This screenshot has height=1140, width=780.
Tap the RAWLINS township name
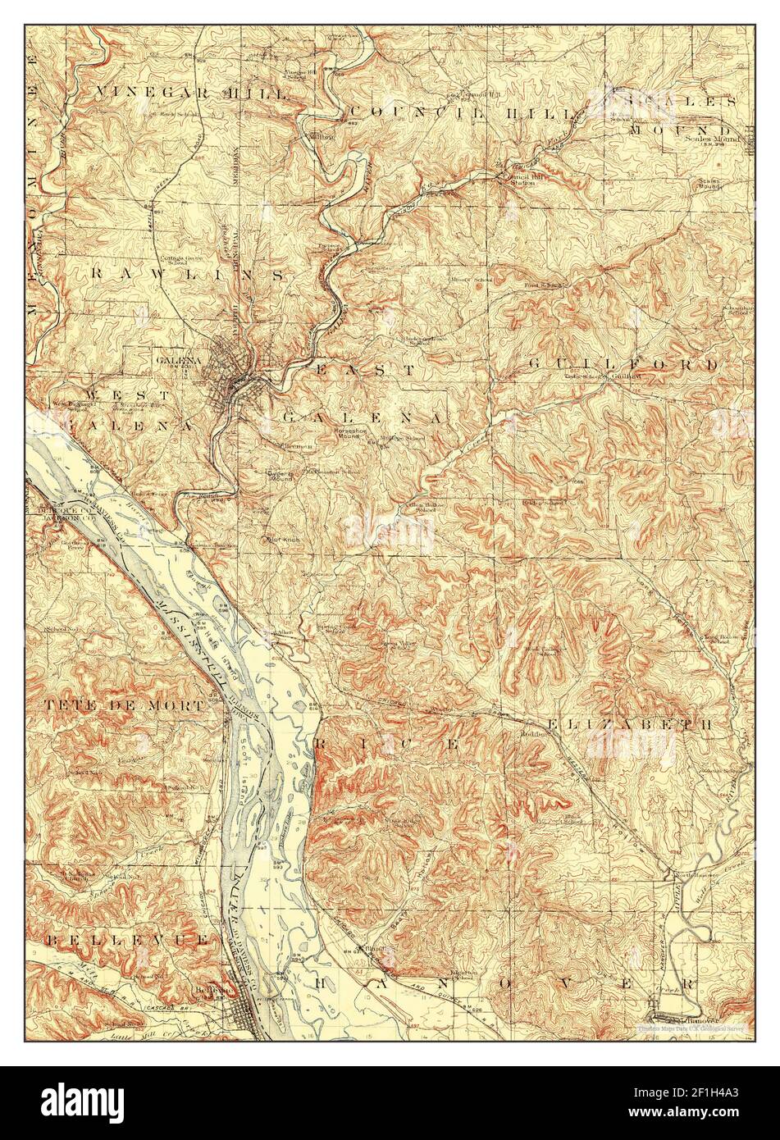point(189,274)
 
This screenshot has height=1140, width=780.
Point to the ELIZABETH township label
point(628,724)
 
